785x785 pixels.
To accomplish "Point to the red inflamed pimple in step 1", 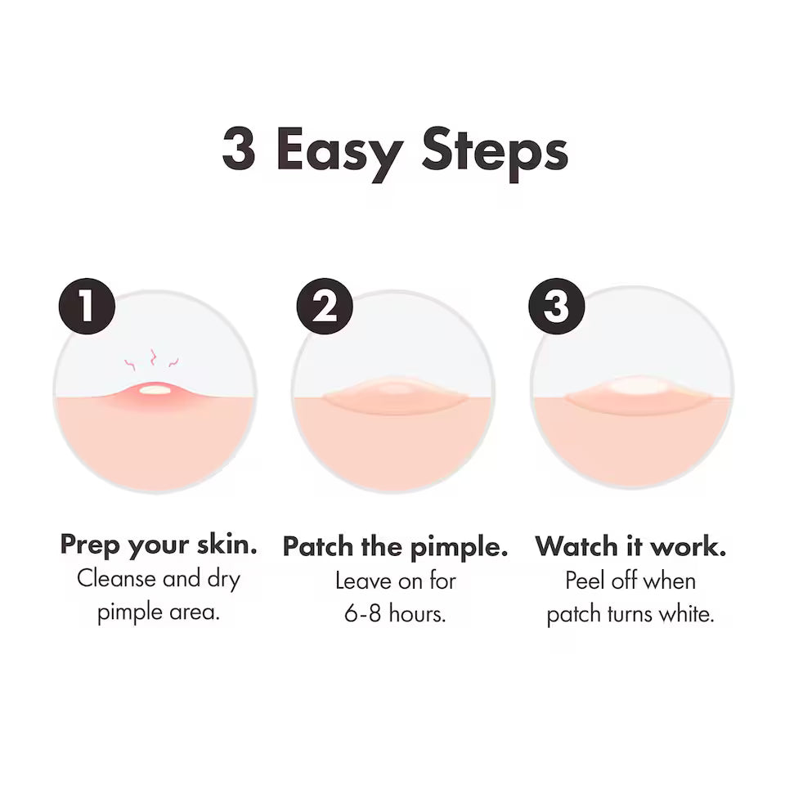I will tap(155, 391).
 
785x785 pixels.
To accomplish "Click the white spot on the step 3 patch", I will tap(639, 385).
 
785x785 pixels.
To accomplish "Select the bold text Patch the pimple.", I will tap(395, 546).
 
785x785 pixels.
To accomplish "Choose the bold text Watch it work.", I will tap(630, 545).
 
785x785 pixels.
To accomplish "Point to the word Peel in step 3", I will tap(582, 581).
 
